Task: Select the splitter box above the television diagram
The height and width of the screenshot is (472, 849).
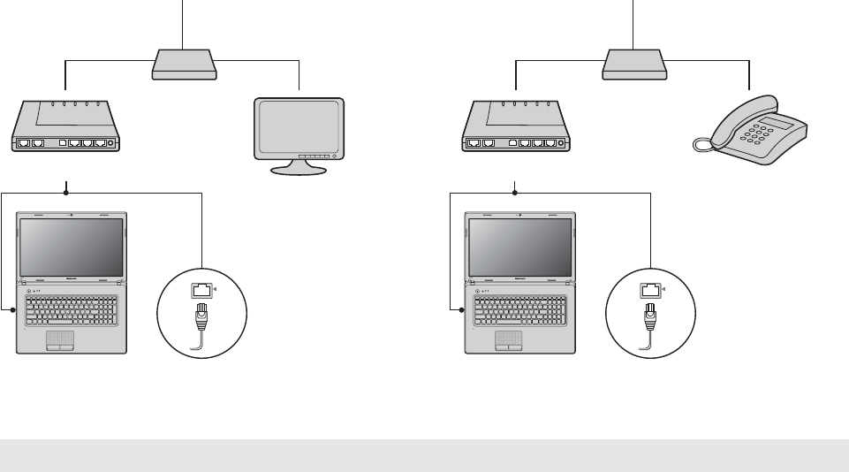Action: click(x=183, y=64)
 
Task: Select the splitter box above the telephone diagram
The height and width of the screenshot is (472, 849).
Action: click(x=633, y=64)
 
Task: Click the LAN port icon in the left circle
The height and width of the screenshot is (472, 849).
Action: click(x=202, y=287)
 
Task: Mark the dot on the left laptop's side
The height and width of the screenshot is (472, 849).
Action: click(x=13, y=310)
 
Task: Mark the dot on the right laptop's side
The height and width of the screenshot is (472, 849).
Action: click(x=462, y=310)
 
